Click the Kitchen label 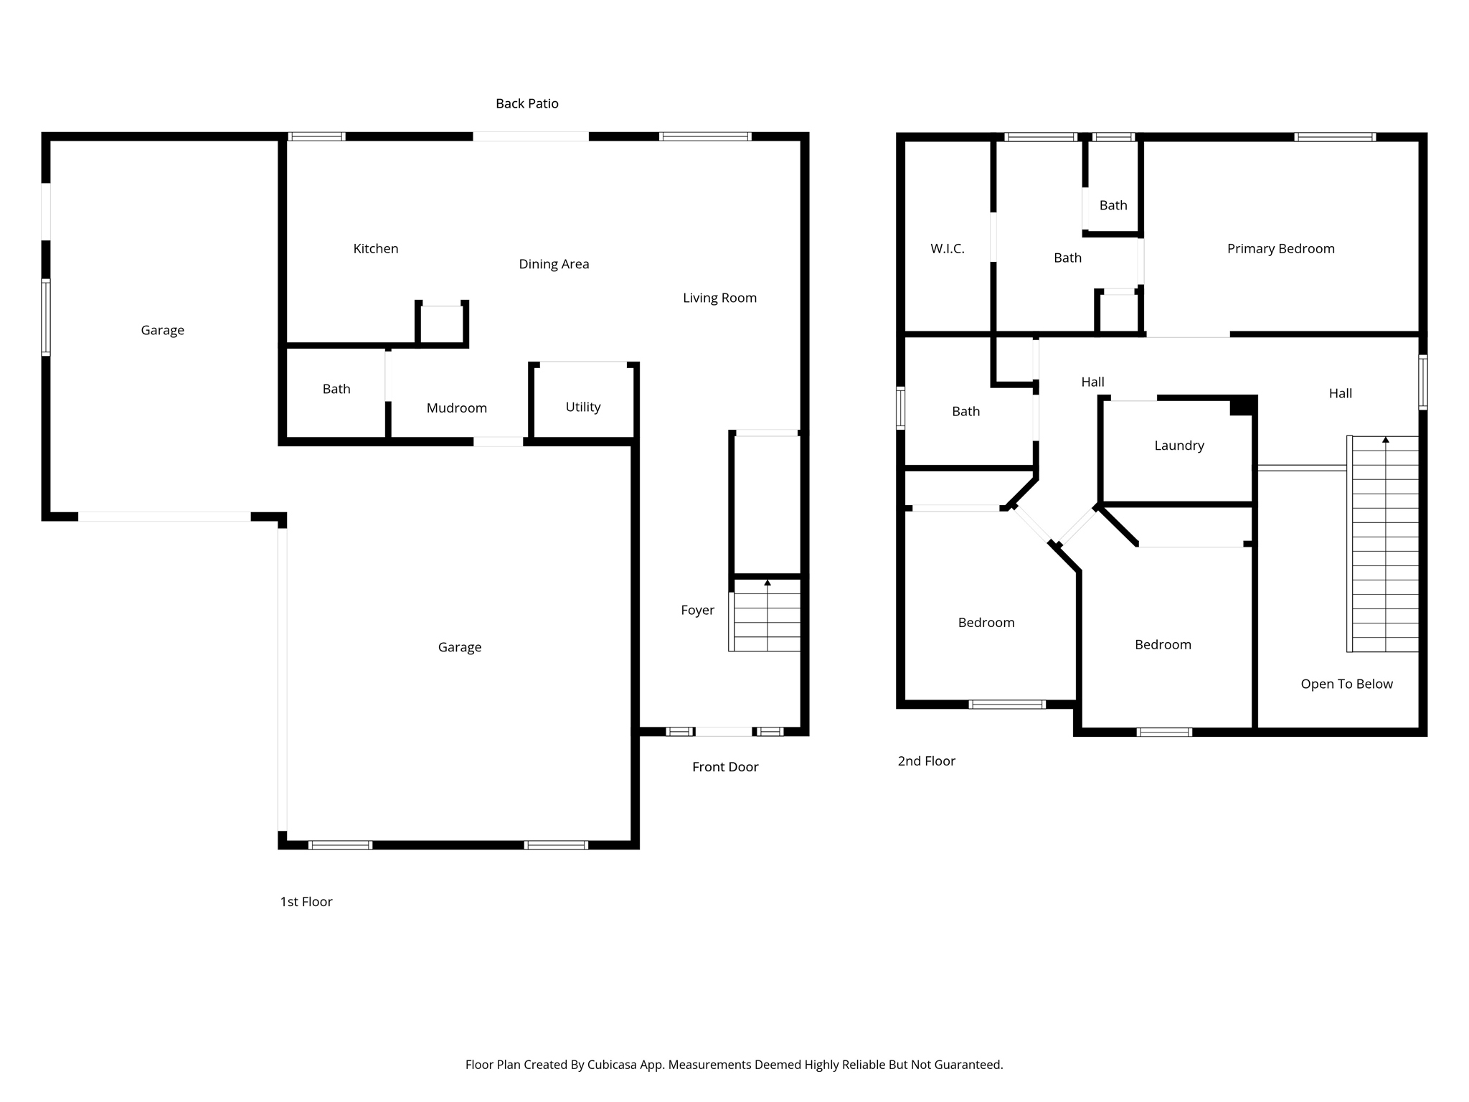[376, 249]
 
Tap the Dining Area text [554, 265]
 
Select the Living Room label [719, 298]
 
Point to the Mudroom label [457, 408]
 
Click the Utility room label [583, 408]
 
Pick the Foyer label [698, 611]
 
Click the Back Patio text [527, 104]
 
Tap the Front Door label [725, 767]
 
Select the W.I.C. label [948, 249]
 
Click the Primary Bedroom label [1281, 249]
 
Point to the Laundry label [1179, 446]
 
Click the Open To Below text [1347, 684]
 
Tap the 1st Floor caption [306, 902]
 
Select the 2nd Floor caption [927, 761]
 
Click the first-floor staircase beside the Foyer [765, 615]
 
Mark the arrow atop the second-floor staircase [1386, 439]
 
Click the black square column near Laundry [1242, 406]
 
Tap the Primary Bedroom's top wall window [1335, 137]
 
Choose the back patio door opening [531, 136]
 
